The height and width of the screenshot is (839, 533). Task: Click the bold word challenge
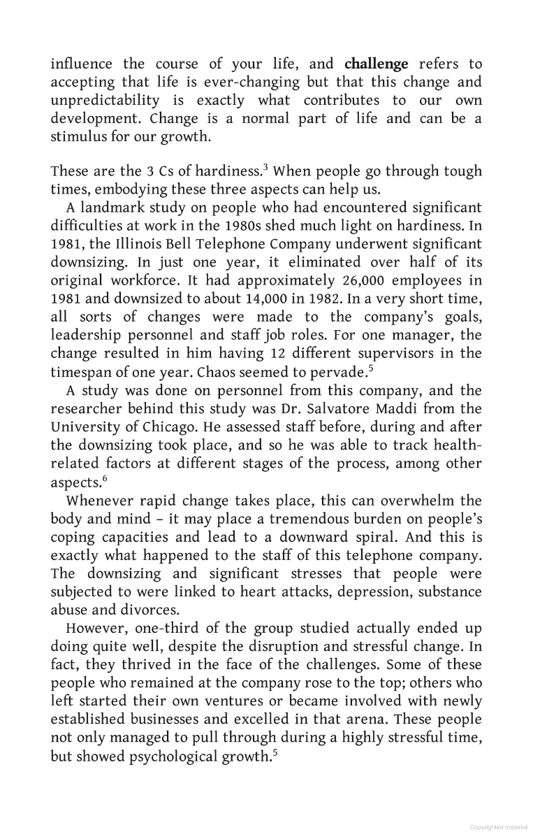coord(377,64)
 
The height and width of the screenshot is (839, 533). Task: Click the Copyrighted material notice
coord(500,826)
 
